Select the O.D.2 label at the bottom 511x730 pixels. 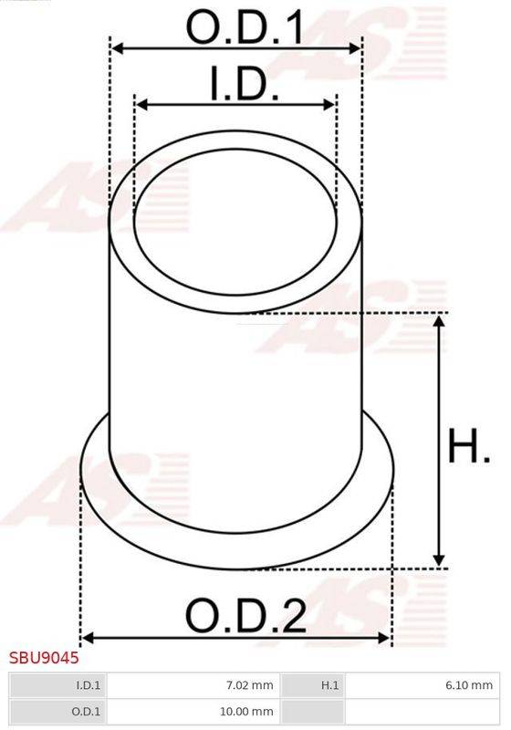pyautogui.click(x=245, y=617)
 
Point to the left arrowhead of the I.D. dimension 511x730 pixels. pyautogui.click(x=140, y=105)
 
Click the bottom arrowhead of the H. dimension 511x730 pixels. pyautogui.click(x=440, y=560)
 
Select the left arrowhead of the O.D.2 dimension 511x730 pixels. pyautogui.click(x=88, y=638)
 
